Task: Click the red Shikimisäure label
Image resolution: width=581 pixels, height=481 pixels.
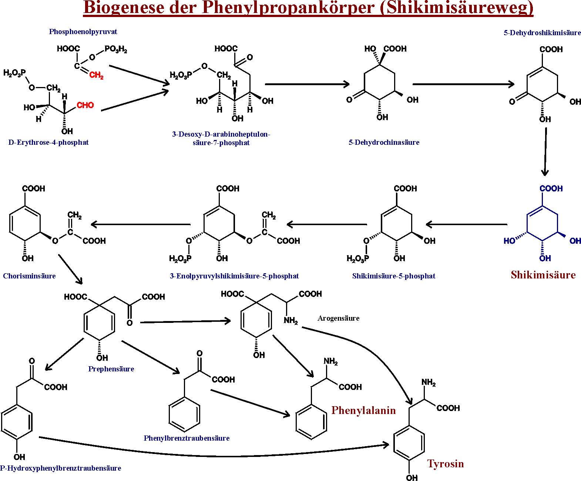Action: pos(543,275)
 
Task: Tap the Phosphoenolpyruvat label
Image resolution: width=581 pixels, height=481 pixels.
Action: pos(83,32)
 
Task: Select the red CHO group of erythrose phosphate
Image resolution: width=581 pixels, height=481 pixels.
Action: pos(85,105)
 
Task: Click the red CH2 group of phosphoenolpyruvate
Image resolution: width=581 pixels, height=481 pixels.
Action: pos(96,75)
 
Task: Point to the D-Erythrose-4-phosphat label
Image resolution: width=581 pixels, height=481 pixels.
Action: pos(48,143)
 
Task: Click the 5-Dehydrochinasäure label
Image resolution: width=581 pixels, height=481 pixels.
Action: pos(384,143)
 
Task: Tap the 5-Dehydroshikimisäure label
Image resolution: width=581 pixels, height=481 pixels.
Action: pos(542,33)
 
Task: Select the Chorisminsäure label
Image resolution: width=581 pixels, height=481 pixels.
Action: pos(29,276)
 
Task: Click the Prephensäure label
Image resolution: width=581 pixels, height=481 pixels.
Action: pos(111,369)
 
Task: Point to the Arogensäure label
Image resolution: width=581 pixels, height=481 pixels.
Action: pos(338,318)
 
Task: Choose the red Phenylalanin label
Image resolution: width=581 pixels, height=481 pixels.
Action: pos(363,410)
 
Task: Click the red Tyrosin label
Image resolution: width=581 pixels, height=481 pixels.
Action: pos(446,464)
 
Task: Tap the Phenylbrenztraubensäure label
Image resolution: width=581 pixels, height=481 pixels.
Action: pos(187,438)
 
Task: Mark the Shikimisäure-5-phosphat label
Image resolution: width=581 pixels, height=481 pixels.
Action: pos(394,276)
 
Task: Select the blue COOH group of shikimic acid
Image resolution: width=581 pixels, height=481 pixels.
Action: pos(551,188)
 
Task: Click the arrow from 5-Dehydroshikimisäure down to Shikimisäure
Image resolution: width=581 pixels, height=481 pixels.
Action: pos(545,151)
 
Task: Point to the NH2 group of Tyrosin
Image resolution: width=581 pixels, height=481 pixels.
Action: pos(429,383)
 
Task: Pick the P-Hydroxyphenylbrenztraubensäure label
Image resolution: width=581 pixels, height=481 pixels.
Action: pos(61,468)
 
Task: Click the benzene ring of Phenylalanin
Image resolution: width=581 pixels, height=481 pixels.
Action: pos(311,422)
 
